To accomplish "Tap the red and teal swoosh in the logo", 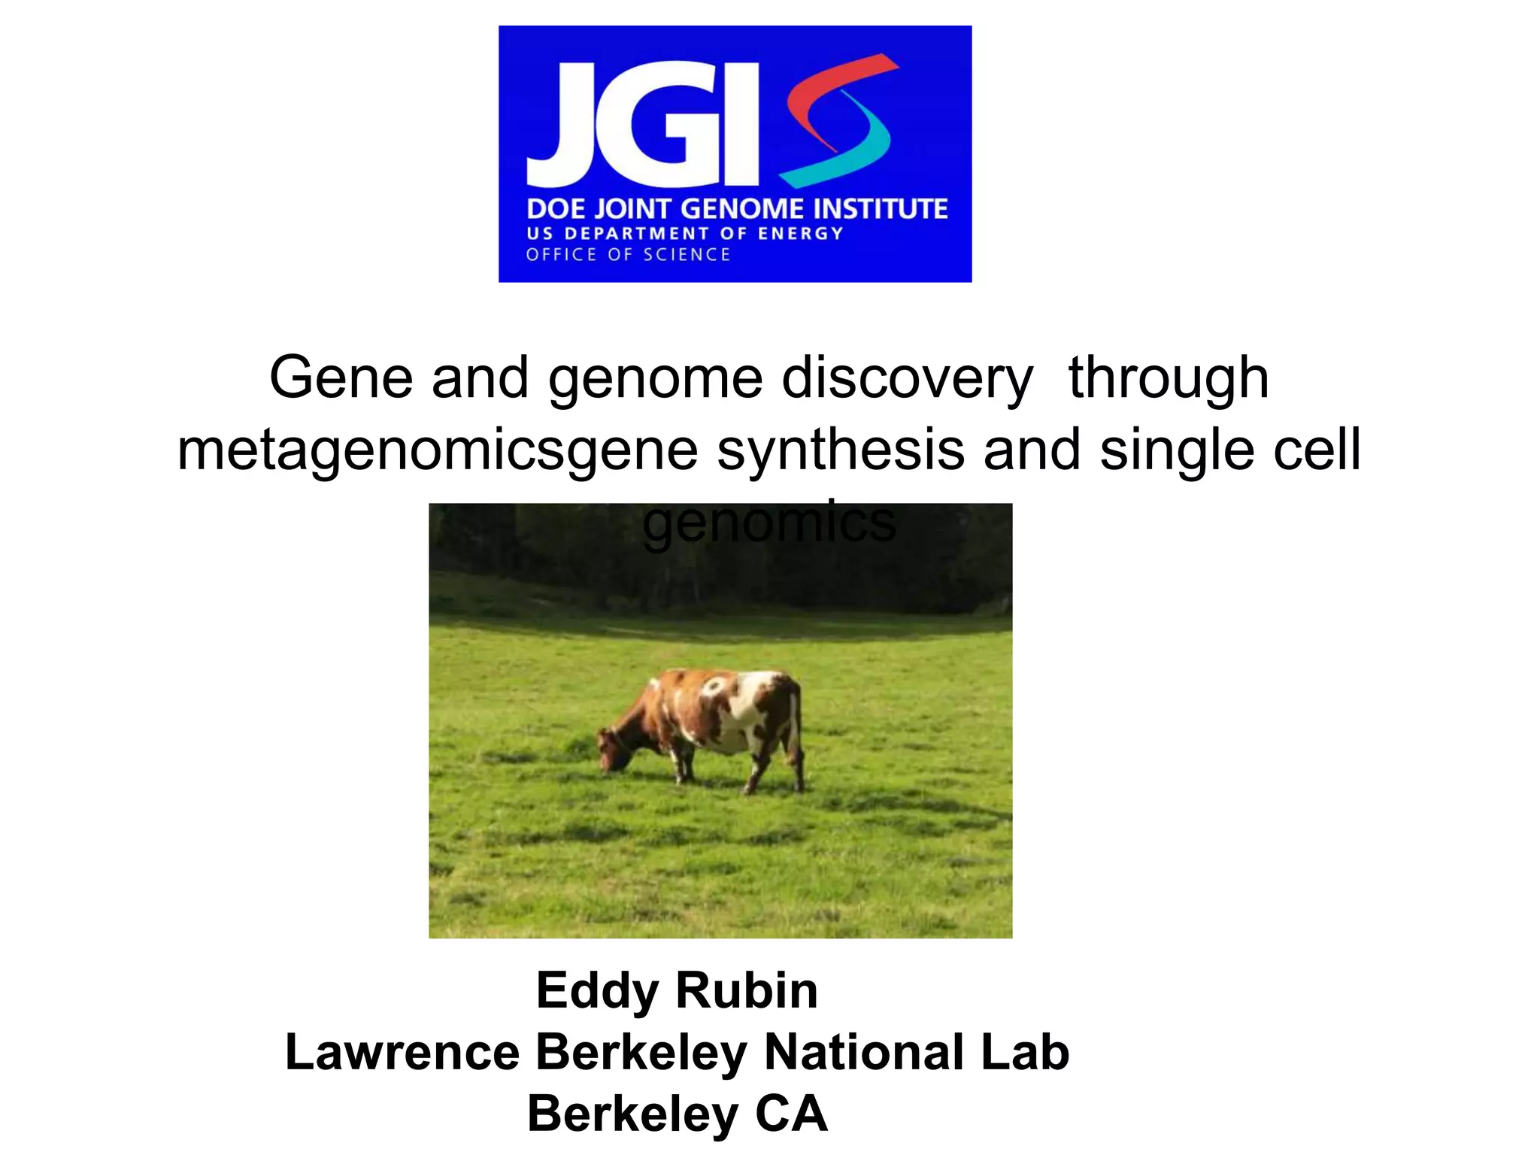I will pos(838,120).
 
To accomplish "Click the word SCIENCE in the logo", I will pos(687,255).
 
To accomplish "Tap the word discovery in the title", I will pos(907,378).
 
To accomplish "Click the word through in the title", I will pos(1169,378).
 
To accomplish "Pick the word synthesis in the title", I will pos(841,449).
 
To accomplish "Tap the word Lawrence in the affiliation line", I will pos(402,1052).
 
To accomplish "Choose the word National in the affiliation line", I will pos(864,1052).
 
